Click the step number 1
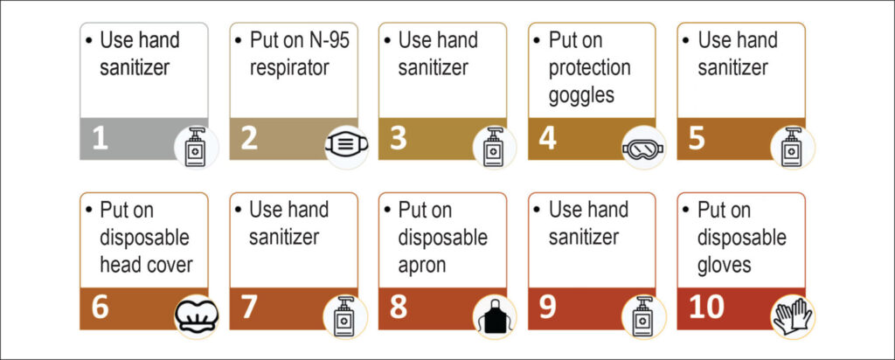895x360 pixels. pos(100,139)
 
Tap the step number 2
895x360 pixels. pos(249,139)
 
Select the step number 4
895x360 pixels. pos(547,139)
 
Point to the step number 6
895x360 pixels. pos(100,308)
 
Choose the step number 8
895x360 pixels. pos(399,308)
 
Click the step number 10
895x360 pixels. pos(706,308)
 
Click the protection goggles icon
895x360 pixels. pos(643,149)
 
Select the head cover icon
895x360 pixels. pos(196,315)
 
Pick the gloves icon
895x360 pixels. pos(793,316)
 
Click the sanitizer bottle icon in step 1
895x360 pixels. pos(195,147)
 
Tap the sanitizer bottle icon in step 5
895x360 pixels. pos(792,147)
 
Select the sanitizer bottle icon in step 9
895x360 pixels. pos(643,316)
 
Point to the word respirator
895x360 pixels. pos(289,68)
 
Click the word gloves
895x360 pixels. pos(725,265)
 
